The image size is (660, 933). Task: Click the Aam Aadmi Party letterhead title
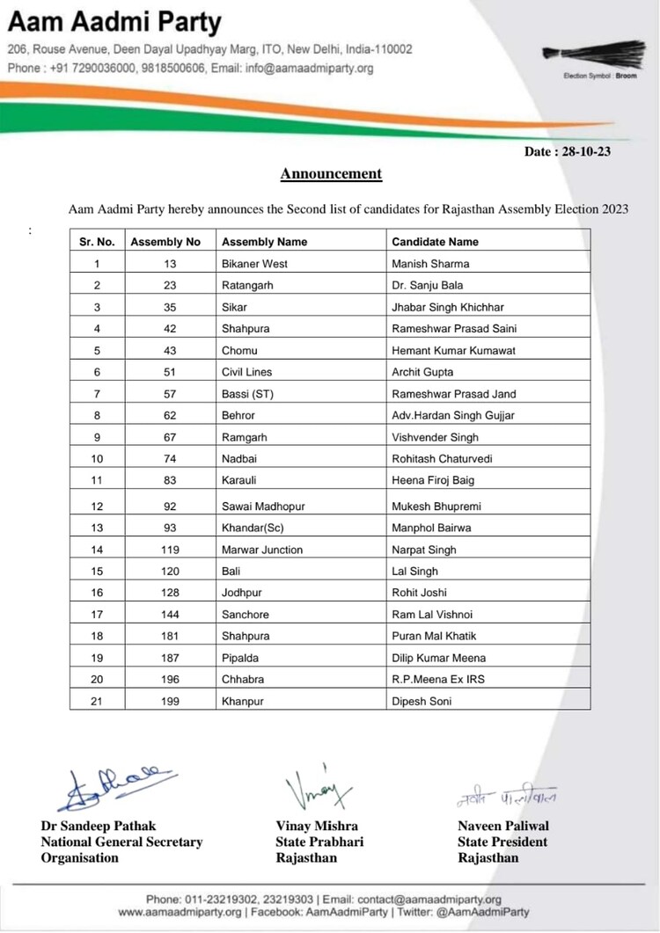click(x=114, y=22)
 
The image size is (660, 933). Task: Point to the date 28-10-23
click(x=568, y=151)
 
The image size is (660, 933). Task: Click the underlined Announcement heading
click(x=331, y=174)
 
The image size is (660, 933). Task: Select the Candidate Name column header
click(x=435, y=242)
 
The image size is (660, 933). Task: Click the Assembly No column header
click(x=165, y=242)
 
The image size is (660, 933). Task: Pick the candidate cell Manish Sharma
click(x=430, y=264)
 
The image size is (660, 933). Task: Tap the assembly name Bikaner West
click(x=254, y=264)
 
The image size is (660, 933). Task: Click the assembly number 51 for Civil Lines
click(x=170, y=372)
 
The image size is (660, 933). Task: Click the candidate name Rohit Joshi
click(x=420, y=593)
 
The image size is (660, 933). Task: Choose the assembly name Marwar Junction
click(x=262, y=550)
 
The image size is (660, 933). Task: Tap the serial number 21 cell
click(x=98, y=702)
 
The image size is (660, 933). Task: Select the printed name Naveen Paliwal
click(x=502, y=826)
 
